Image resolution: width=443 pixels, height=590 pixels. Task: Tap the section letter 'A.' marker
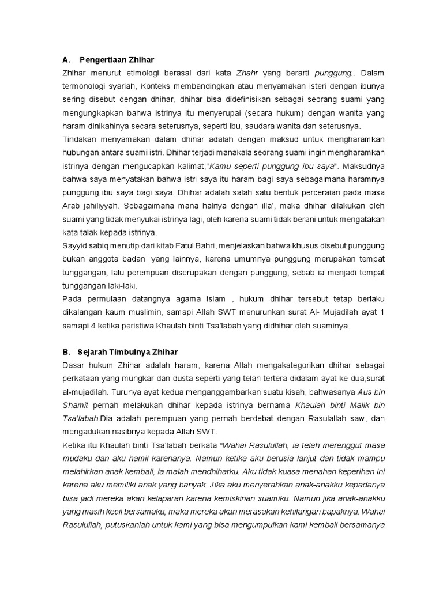(x=66, y=59)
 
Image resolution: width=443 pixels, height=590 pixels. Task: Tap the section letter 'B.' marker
(x=66, y=351)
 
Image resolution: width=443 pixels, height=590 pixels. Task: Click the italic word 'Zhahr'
(x=248, y=73)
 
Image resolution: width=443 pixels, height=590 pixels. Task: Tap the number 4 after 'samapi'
(x=91, y=325)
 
